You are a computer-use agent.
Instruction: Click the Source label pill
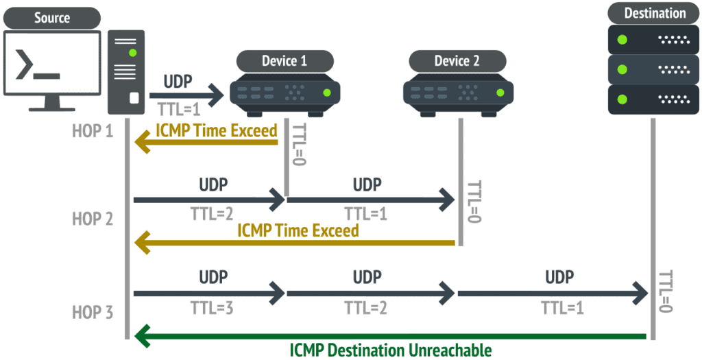point(52,17)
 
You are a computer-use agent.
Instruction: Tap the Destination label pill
point(655,14)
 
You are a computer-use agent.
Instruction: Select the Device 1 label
point(285,61)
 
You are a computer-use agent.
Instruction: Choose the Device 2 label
point(457,61)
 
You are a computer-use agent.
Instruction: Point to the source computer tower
point(126,72)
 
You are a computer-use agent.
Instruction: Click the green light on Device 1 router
point(327,93)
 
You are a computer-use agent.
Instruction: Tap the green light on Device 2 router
point(500,93)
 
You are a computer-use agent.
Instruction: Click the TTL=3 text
point(212,308)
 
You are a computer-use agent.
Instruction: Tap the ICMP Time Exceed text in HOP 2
point(298,230)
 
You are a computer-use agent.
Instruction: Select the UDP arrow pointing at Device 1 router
point(186,95)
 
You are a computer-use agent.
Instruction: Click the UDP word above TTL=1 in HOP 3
point(559,278)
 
